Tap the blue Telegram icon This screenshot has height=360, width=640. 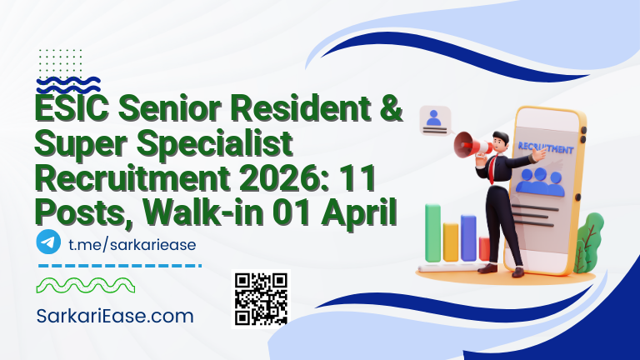49,242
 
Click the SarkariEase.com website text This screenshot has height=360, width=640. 116,316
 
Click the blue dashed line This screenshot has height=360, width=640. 120,266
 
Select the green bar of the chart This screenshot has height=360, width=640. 433,232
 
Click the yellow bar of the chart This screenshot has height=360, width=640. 451,241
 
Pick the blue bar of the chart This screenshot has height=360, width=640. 468,237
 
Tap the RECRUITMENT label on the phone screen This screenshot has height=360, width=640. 547,149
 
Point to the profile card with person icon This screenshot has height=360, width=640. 434,121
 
